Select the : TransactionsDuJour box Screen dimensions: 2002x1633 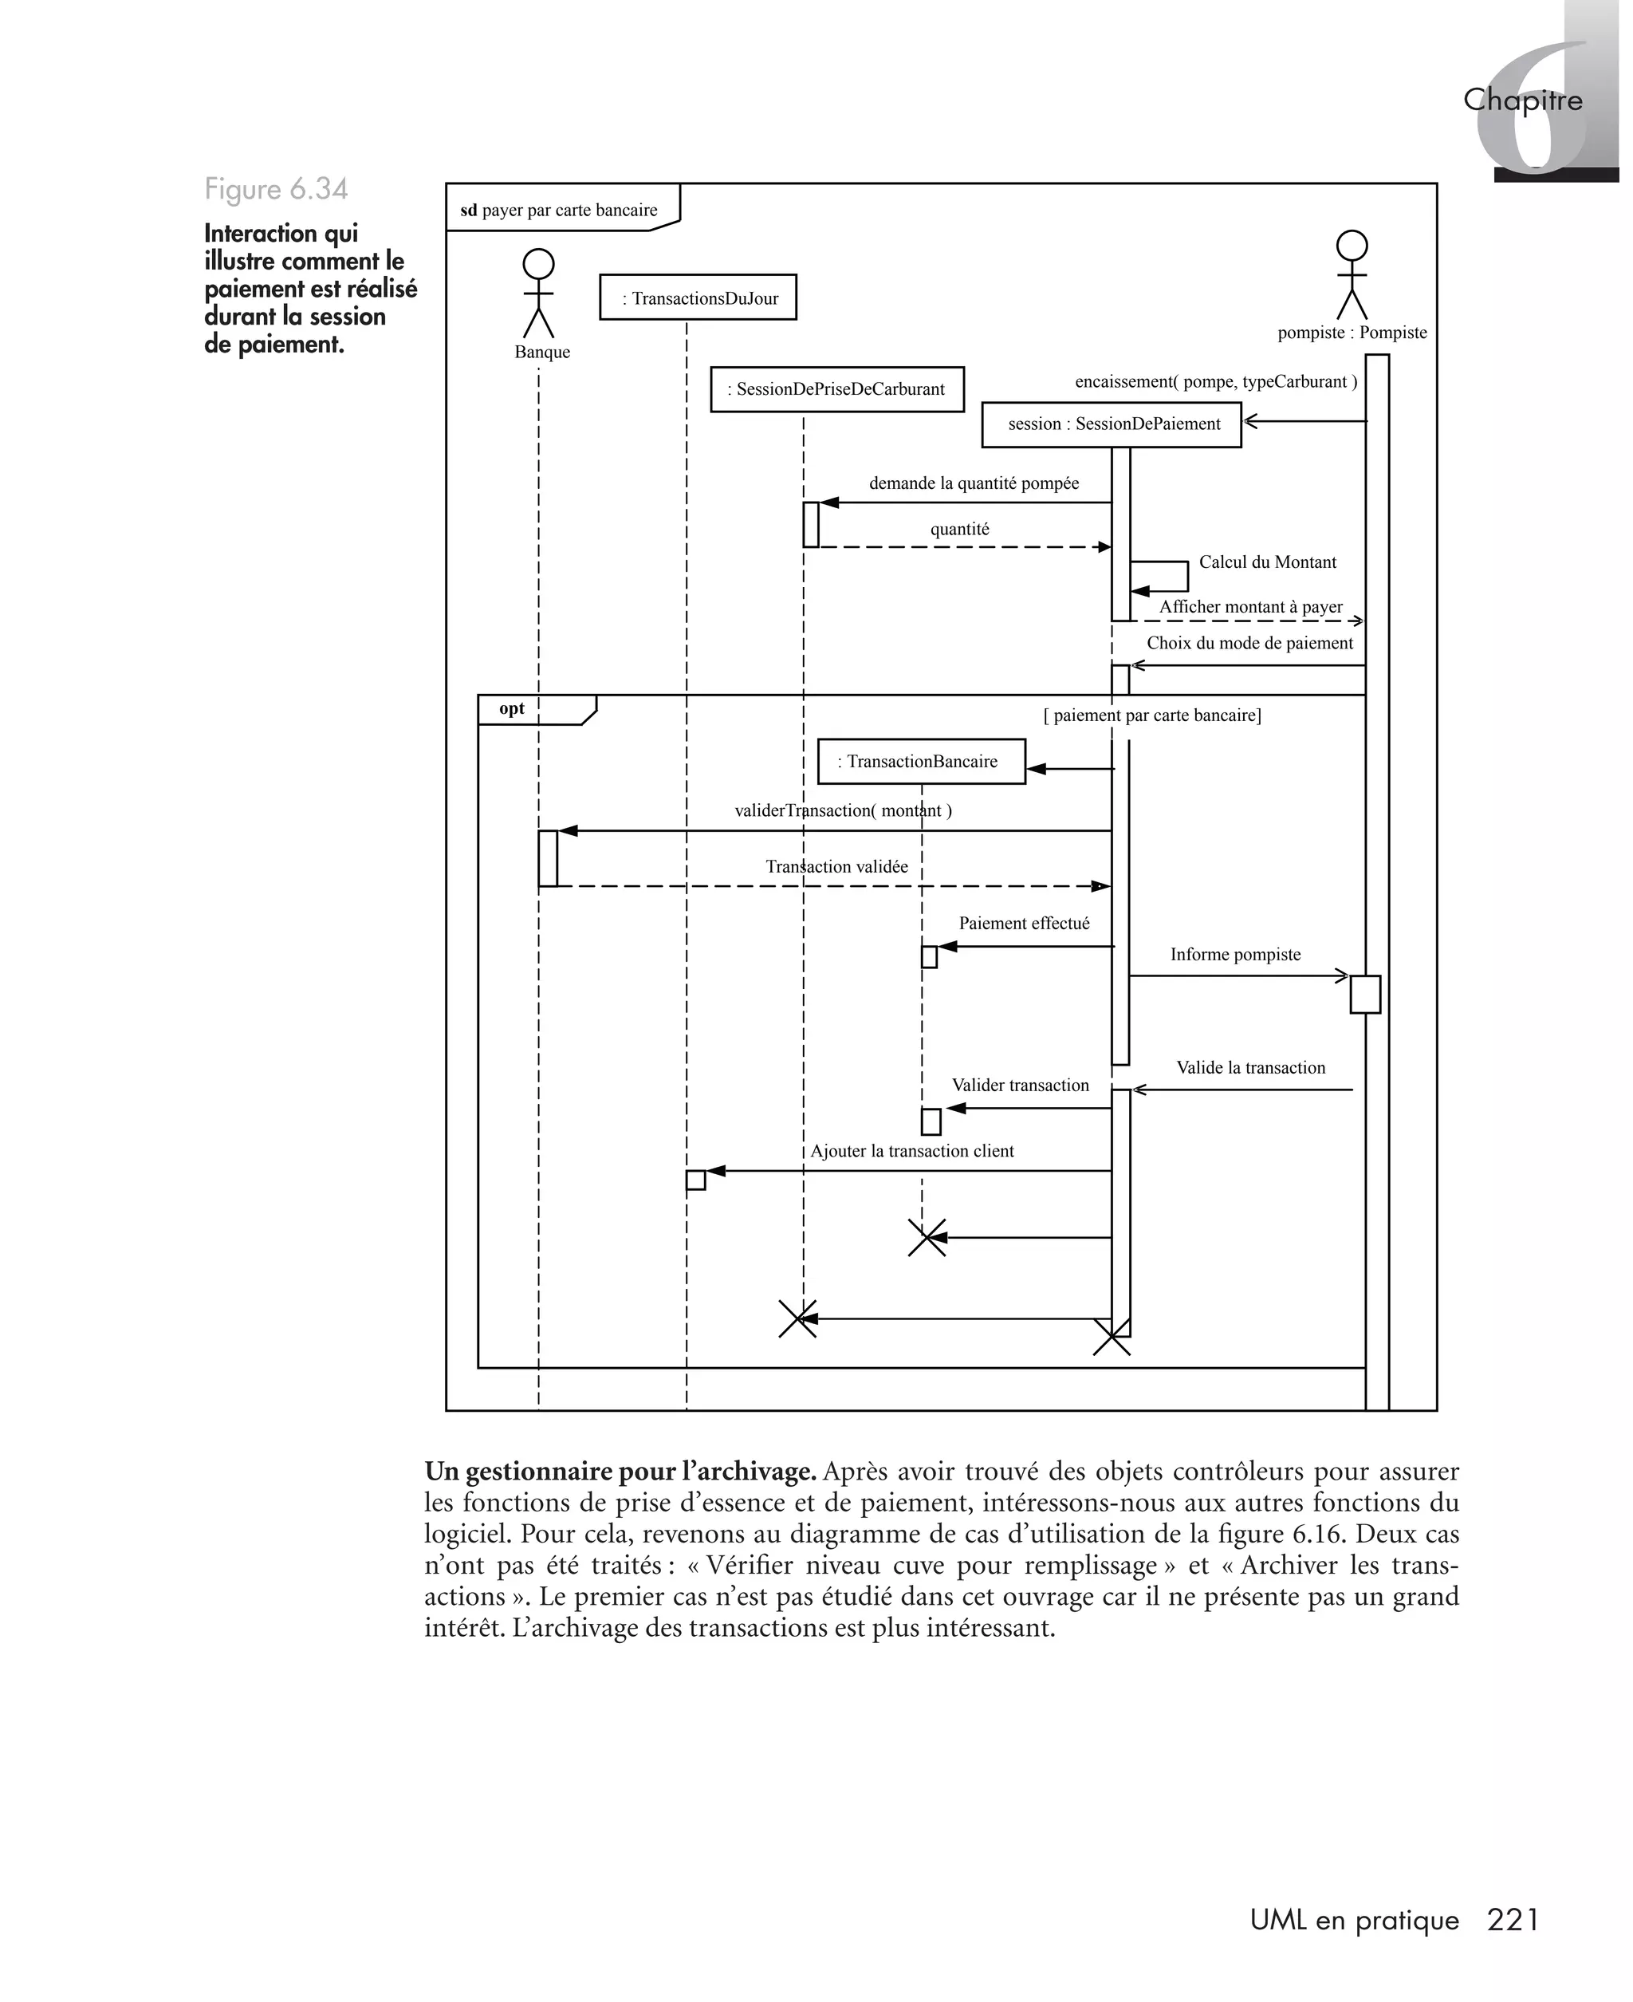coord(698,298)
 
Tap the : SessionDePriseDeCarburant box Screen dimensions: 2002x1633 coord(837,389)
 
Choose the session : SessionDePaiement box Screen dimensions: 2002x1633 coord(1111,424)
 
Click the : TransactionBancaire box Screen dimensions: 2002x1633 coord(921,762)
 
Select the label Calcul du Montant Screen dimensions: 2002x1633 coord(1267,562)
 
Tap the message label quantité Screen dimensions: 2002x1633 coord(959,530)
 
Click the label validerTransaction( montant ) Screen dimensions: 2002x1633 coord(843,811)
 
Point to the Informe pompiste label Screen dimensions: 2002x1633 coord(1235,955)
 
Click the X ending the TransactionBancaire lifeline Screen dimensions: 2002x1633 coord(927,1238)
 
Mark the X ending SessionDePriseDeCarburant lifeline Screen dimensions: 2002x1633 coord(797,1319)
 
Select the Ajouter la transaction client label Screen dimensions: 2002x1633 coord(911,1152)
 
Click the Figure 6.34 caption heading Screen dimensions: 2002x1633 coord(277,189)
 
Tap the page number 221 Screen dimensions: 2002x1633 coord(1513,1919)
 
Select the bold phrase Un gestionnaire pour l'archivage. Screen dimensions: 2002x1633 coord(620,1472)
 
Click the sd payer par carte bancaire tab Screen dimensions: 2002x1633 coord(560,211)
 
